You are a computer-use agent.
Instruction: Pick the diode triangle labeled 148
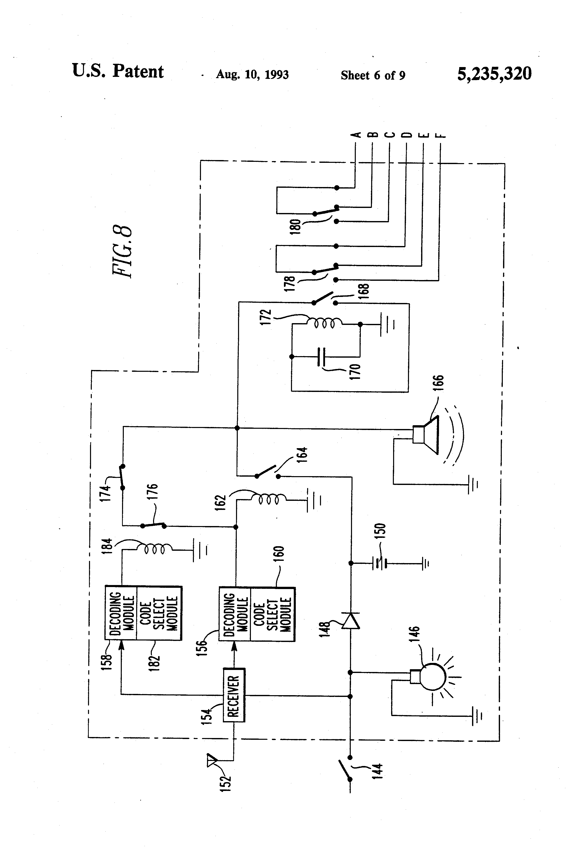pyautogui.click(x=350, y=621)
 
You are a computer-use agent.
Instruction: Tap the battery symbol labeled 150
pyautogui.click(x=380, y=563)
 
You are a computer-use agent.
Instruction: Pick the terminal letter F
pyautogui.click(x=441, y=135)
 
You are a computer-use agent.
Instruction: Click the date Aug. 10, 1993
pyautogui.click(x=252, y=75)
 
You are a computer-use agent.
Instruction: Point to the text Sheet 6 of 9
pyautogui.click(x=373, y=75)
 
